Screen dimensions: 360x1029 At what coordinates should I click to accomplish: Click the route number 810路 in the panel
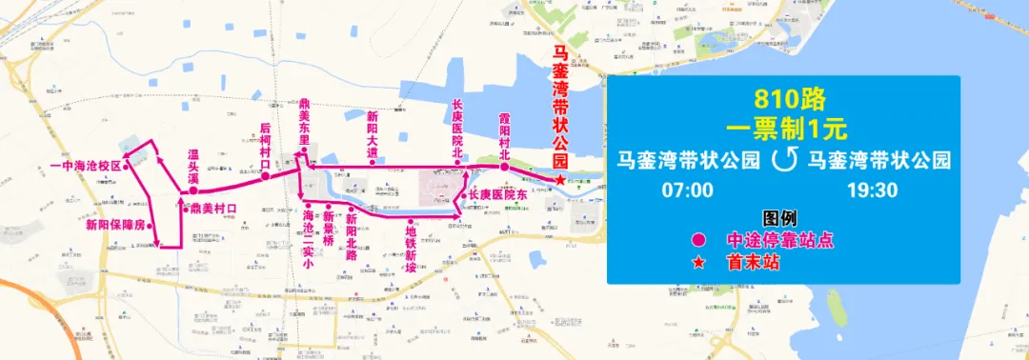[x=789, y=98]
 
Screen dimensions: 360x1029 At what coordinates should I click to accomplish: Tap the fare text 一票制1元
[x=789, y=126]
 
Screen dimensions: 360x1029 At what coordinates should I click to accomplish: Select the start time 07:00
[x=688, y=190]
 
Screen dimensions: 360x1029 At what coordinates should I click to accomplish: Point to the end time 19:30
[x=872, y=190]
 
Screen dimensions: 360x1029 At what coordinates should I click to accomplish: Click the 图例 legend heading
[x=779, y=217]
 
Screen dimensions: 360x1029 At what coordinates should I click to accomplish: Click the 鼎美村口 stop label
[x=212, y=208]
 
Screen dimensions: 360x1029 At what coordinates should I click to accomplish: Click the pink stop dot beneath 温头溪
[x=193, y=190]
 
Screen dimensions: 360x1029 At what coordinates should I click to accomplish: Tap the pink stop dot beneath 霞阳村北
[x=504, y=168]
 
